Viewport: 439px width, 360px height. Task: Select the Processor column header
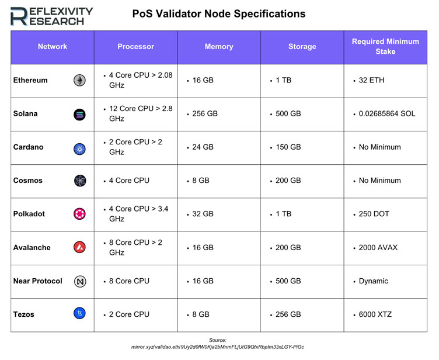point(135,47)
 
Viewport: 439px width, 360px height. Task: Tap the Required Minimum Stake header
point(385,47)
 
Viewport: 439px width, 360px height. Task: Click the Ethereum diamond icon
point(79,81)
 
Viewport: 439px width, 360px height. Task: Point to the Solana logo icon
point(79,114)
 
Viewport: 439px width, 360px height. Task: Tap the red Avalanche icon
point(79,248)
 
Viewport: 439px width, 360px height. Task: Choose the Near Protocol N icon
point(79,281)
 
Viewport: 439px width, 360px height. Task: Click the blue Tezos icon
point(79,314)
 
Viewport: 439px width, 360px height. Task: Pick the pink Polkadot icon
point(79,214)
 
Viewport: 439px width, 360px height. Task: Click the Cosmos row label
point(28,181)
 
